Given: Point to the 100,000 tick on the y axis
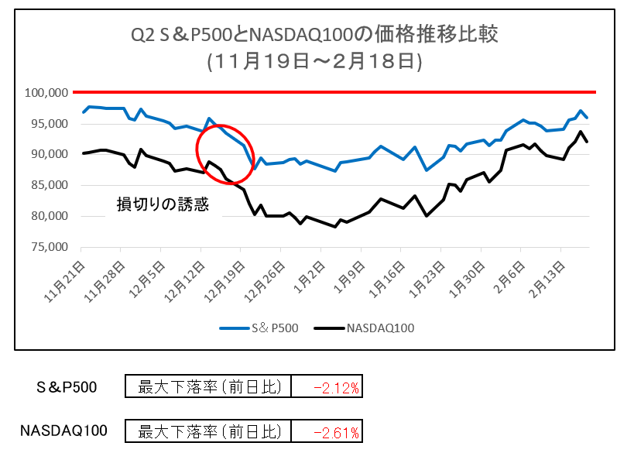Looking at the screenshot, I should [x=48, y=93].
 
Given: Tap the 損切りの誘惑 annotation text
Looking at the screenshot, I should [x=163, y=204].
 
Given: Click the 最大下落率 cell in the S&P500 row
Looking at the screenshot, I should [x=207, y=387].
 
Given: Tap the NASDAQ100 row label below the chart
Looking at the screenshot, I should [x=63, y=431].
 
